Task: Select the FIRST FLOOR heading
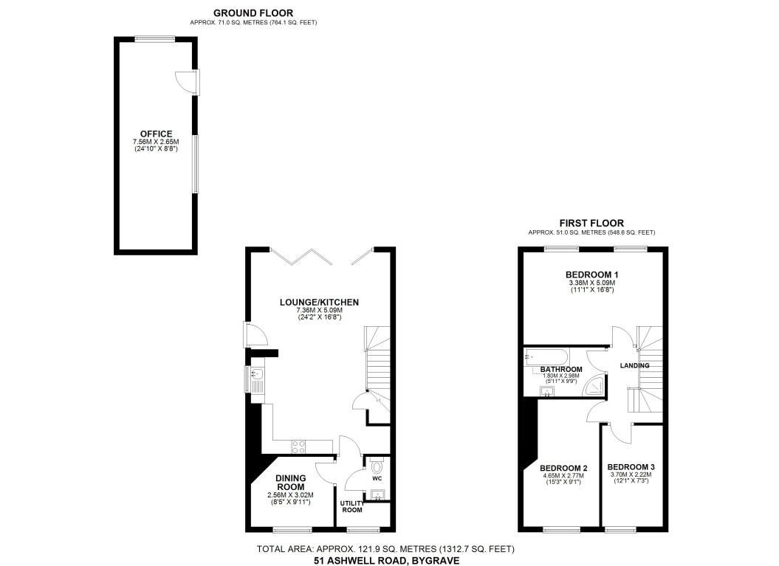(591, 223)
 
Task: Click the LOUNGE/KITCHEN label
(319, 302)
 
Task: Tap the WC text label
(377, 479)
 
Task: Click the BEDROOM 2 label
(563, 468)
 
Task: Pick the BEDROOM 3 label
(631, 467)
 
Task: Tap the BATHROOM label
(561, 369)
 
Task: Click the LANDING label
(634, 365)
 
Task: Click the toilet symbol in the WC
(378, 466)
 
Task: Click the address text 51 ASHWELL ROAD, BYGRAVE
(386, 561)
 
